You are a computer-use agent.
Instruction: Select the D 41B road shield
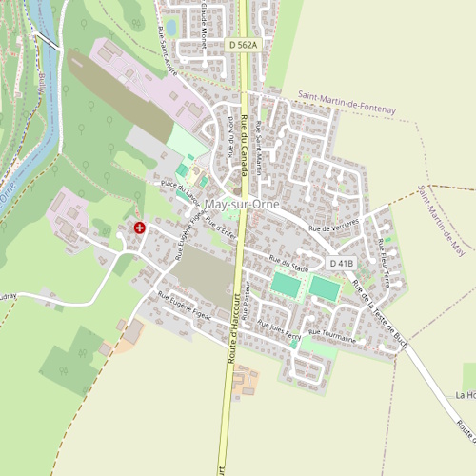tap(342, 263)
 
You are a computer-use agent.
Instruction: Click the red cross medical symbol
tap(140, 228)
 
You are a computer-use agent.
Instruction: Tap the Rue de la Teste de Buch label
tap(379, 307)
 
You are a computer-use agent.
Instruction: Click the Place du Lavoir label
tap(179, 187)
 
